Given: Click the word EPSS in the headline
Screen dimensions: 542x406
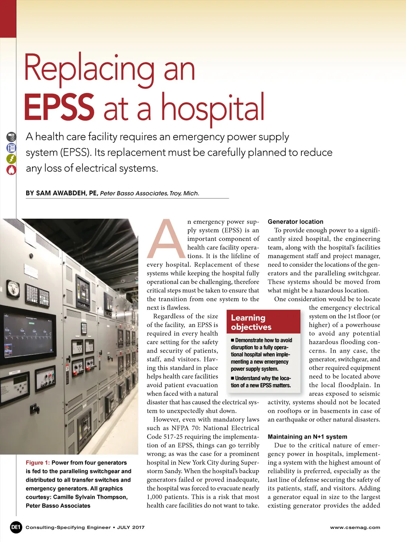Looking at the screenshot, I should click(x=59, y=107).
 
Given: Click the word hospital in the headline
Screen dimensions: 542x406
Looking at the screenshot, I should click(x=213, y=107).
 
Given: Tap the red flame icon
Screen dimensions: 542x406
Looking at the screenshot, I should click(x=11, y=170).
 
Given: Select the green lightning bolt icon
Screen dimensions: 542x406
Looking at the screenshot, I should click(x=11, y=159).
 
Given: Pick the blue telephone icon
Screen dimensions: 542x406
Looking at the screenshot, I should click(x=11, y=148).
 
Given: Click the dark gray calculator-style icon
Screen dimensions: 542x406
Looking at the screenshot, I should click(x=11, y=137).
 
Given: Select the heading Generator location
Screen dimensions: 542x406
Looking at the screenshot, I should click(x=295, y=222).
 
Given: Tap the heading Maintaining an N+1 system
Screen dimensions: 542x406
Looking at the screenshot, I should click(x=307, y=436).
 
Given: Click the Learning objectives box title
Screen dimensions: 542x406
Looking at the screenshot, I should click(x=251, y=322).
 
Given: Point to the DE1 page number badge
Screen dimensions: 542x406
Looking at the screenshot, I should click(x=16, y=527).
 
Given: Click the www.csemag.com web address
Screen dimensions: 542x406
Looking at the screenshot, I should click(x=355, y=527).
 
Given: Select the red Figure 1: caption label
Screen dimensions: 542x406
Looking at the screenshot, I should click(x=38, y=463).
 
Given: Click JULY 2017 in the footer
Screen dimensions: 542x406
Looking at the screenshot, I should click(x=131, y=527).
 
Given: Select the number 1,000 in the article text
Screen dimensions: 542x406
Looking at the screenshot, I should click(x=155, y=497).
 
